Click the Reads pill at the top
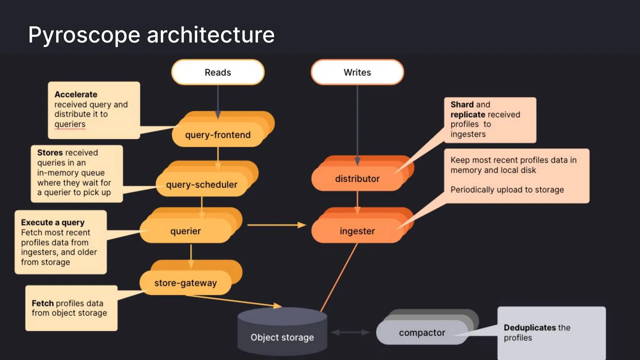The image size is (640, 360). pos(218,72)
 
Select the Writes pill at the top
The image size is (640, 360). pos(357,72)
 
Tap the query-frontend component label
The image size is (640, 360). pos(218,135)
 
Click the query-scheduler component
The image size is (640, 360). pos(202,184)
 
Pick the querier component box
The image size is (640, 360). pos(186,231)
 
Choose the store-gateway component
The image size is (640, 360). pos(186,283)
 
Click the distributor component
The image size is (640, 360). pos(357,178)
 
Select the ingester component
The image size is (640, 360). pos(357,231)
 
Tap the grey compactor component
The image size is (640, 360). pos(422,332)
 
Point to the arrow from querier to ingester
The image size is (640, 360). pos(275,225)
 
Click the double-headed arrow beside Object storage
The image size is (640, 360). pos(350,332)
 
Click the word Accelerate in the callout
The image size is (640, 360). pos(76,94)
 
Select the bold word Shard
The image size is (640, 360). pos(462,104)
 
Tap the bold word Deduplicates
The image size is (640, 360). pos(530,327)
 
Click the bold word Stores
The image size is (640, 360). pos(50,152)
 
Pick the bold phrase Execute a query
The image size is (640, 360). pos(53,222)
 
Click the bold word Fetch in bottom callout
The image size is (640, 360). pos(42,303)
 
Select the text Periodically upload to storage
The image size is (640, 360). pos(507,190)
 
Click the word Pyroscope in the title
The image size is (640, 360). pos(84,35)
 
